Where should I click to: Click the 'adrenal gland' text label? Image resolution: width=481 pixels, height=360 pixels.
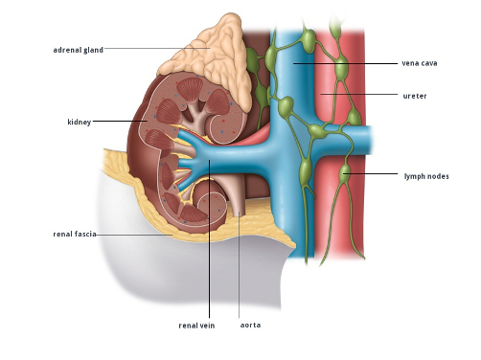tap(79, 50)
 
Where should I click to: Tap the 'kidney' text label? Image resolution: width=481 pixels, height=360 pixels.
tap(80, 122)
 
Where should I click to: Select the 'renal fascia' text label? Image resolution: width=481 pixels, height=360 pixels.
tap(75, 234)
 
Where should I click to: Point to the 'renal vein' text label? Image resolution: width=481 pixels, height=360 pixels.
tap(196, 326)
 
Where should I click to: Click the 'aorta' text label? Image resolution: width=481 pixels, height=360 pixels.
tap(250, 326)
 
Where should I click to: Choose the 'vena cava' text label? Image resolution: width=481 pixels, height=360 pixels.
tap(420, 63)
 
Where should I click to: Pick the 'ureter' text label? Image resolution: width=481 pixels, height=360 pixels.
tap(415, 96)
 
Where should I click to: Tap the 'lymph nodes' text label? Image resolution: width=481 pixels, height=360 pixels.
tap(426, 176)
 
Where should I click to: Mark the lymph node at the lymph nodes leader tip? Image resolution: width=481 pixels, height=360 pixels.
tap(345, 174)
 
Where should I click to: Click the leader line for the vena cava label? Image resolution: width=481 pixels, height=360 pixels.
tap(346, 63)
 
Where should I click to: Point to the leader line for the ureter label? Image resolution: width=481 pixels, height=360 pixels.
tap(359, 94)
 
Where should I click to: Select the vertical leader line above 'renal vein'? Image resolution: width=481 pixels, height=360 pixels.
tap(210, 238)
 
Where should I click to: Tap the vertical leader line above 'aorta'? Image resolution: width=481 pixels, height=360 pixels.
tap(240, 265)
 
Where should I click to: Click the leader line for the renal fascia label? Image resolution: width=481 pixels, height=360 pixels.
tap(134, 235)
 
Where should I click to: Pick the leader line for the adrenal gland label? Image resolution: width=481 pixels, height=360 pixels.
tap(157, 48)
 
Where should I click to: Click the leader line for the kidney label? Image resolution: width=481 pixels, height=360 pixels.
tap(120, 121)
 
